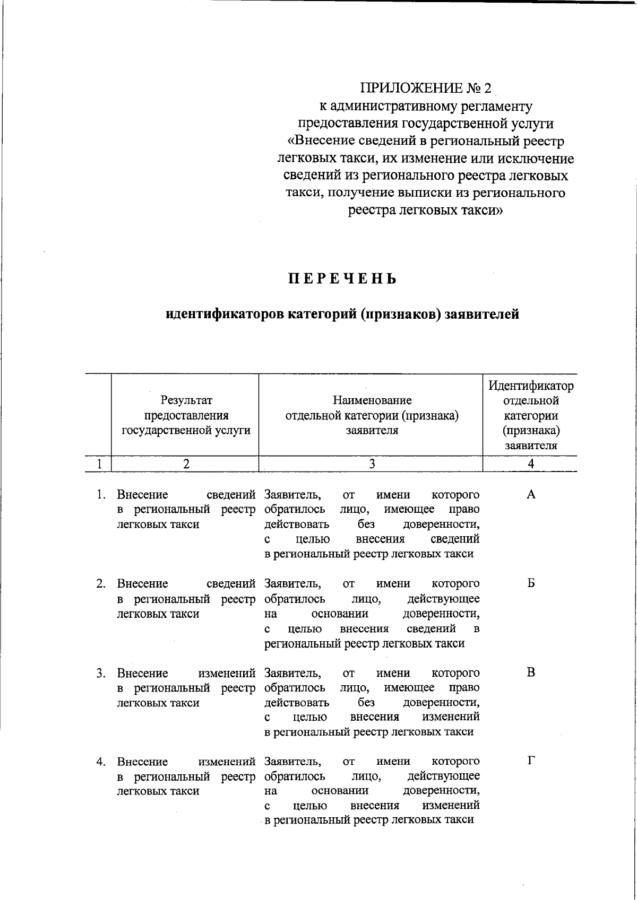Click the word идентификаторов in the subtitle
(224, 314)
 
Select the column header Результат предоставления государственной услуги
(186, 415)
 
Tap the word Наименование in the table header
(372, 400)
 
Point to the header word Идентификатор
(531, 386)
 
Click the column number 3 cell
(372, 464)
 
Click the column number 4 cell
(531, 464)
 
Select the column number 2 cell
(186, 464)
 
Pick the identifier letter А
(531, 495)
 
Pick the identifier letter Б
(531, 584)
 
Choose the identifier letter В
(531, 673)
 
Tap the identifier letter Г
(531, 762)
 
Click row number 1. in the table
(100, 495)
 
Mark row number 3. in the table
(100, 674)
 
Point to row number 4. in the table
(100, 762)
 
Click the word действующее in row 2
(443, 599)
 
